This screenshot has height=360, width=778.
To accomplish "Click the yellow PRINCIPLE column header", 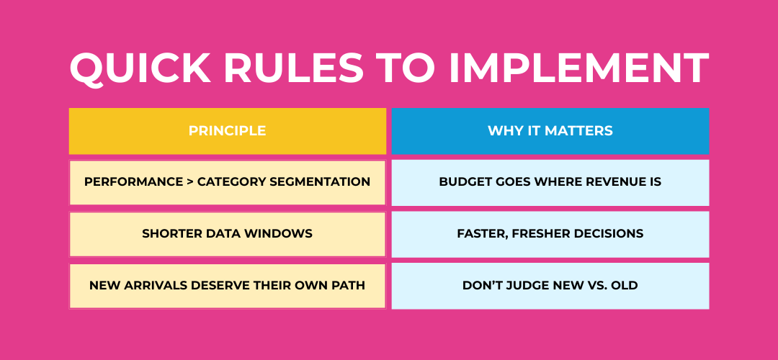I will pyautogui.click(x=227, y=131).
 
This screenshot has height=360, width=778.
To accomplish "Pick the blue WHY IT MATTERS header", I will pyautogui.click(x=550, y=131).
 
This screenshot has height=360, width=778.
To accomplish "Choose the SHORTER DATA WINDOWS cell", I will pyautogui.click(x=227, y=234).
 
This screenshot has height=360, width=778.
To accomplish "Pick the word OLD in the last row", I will pyautogui.click(x=625, y=285).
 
